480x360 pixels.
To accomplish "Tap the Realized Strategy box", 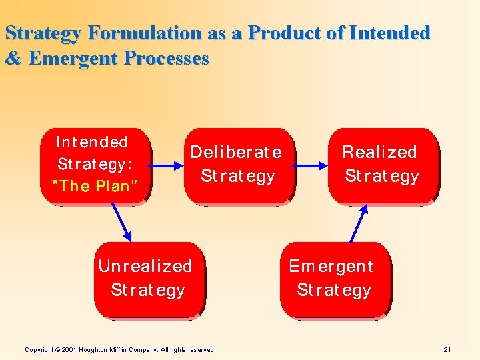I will click(381, 164).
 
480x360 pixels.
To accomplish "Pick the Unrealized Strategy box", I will click(147, 278).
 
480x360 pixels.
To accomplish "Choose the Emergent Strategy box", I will click(333, 278).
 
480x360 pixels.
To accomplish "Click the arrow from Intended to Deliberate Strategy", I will click(168, 164).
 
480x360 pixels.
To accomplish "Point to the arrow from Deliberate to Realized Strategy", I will click(311, 164).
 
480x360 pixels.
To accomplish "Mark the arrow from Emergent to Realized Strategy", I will click(358, 223).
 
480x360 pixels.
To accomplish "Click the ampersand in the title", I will click(13, 59).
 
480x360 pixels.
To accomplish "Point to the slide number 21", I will click(447, 349).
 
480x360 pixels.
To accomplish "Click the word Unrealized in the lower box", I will click(145, 266).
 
